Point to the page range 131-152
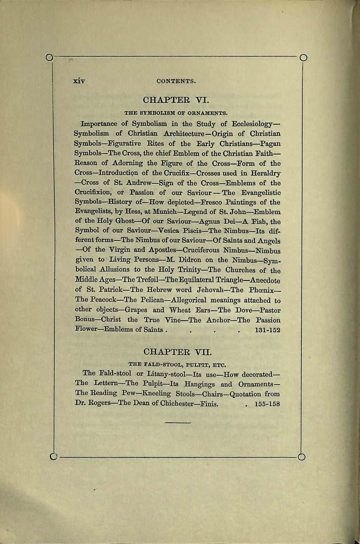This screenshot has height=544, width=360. pos(266,330)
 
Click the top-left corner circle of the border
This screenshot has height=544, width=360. pos(49,56)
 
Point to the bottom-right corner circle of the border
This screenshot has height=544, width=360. pos(302,457)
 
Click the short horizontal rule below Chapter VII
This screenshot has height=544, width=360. pos(178,423)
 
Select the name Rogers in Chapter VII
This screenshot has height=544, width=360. pos(98,403)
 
